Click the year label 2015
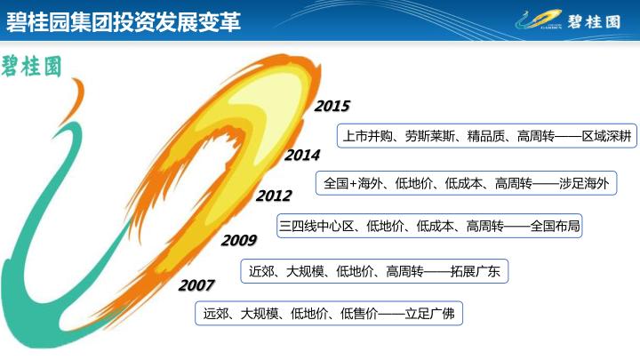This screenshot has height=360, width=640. (332, 106)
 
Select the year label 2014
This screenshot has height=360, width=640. (302, 155)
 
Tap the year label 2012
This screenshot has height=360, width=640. (274, 196)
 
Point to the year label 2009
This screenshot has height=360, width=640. (239, 240)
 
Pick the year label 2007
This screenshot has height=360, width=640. (196, 285)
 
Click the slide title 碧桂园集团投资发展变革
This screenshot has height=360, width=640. (124, 21)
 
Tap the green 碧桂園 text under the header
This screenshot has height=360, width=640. (31, 67)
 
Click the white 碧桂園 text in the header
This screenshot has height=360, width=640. (594, 21)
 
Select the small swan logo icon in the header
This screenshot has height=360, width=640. (538, 20)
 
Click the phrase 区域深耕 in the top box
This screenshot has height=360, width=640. (606, 136)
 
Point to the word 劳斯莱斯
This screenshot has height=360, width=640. (430, 136)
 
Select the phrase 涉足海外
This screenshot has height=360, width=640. (584, 183)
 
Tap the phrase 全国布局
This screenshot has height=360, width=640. (555, 226)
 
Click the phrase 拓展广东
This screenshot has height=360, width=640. (475, 271)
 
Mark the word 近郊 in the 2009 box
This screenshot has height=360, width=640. (261, 271)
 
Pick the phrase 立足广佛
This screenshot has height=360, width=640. (430, 314)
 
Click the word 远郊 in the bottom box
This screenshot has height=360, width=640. (215, 314)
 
